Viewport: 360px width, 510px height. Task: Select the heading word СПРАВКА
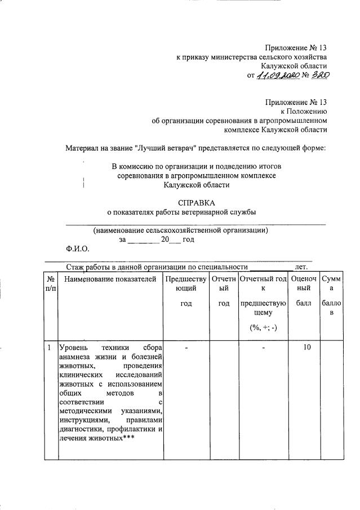click(197, 202)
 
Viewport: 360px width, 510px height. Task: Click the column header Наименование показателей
click(110, 278)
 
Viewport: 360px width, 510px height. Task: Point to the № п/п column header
click(51, 283)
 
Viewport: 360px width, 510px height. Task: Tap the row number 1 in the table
click(50, 348)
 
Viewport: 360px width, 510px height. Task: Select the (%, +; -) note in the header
click(263, 328)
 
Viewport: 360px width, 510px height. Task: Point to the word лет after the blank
click(301, 267)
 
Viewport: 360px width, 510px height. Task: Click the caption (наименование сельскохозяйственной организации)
click(180, 230)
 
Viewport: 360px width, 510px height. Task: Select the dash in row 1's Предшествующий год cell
click(186, 348)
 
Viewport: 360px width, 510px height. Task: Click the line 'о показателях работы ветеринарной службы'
click(181, 212)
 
